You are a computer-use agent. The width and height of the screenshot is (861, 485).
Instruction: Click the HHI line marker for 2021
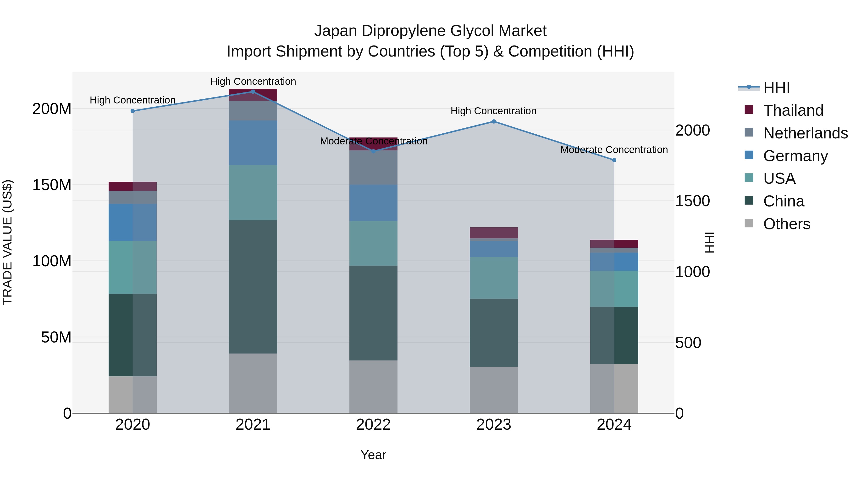(253, 92)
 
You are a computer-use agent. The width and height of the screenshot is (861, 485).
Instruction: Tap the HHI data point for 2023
(494, 121)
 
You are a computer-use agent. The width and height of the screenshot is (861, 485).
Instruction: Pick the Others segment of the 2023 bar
(494, 390)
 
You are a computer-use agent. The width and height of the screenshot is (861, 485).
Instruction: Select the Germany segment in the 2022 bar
(373, 203)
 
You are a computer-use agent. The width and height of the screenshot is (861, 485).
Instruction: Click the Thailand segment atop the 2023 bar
(494, 233)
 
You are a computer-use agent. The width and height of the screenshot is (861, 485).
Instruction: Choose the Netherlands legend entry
(805, 133)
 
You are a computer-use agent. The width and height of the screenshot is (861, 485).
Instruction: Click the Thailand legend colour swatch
(749, 110)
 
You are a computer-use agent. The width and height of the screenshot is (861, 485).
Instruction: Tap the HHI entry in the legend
(776, 88)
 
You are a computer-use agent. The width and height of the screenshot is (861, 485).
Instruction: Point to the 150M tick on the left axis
(52, 185)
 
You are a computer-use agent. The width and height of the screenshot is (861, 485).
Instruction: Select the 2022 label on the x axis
(373, 425)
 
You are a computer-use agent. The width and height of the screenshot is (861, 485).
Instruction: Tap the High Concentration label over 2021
(253, 81)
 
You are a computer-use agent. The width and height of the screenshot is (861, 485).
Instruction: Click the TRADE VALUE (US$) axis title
(7, 242)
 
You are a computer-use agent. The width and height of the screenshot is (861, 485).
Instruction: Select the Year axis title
(373, 455)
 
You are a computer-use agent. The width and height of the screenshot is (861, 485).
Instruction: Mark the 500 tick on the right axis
(688, 343)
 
